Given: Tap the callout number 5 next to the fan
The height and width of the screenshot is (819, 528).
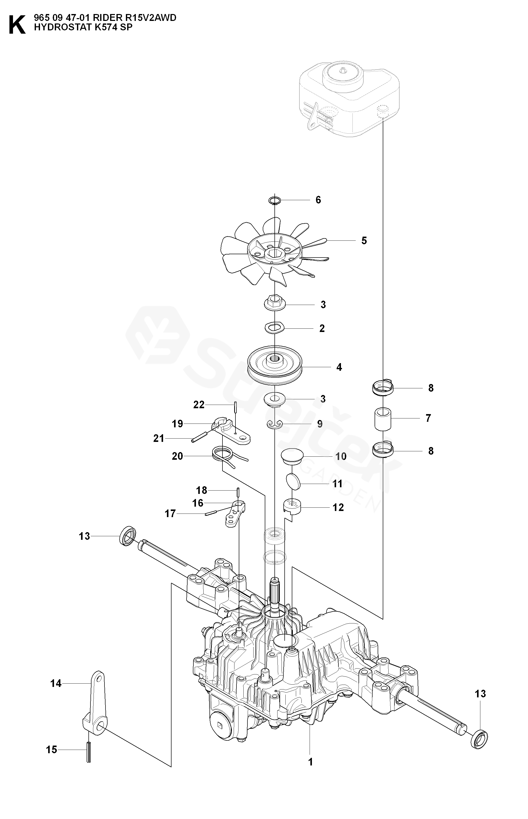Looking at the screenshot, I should coord(364,241).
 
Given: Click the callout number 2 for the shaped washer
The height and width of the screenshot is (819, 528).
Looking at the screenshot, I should coord(322,329).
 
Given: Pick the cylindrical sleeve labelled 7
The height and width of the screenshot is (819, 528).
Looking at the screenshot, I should coord(383,419).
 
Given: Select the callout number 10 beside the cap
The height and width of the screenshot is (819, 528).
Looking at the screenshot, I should coord(341,456).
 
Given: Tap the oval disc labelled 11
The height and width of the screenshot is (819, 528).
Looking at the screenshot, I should coord(293,480).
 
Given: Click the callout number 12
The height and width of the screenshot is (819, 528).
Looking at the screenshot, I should coord(338,507).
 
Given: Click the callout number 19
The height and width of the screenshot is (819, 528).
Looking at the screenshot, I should coord(177,424).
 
